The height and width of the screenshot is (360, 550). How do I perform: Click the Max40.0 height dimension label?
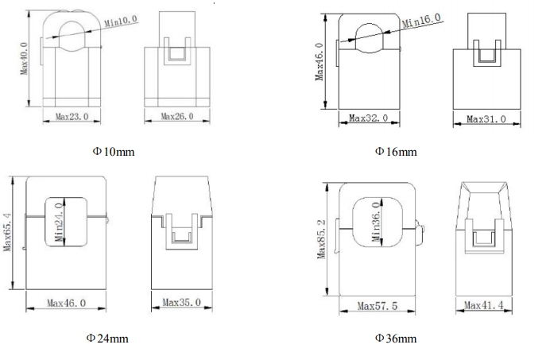[24, 58]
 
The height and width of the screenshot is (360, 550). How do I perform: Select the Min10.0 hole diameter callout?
[121, 21]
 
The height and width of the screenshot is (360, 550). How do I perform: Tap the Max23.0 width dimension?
[72, 117]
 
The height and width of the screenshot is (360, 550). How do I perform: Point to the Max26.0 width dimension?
[177, 116]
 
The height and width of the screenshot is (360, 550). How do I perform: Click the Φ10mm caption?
[114, 152]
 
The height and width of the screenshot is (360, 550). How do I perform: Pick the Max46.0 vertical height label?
[320, 62]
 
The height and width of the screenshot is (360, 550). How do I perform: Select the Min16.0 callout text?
[421, 21]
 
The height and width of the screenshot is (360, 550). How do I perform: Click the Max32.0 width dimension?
[368, 118]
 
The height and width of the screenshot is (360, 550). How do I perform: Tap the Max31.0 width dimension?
[486, 119]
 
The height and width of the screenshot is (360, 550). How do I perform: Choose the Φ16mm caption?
[396, 152]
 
